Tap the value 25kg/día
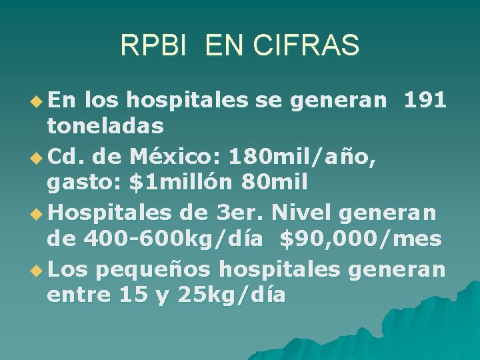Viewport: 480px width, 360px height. point(232,294)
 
